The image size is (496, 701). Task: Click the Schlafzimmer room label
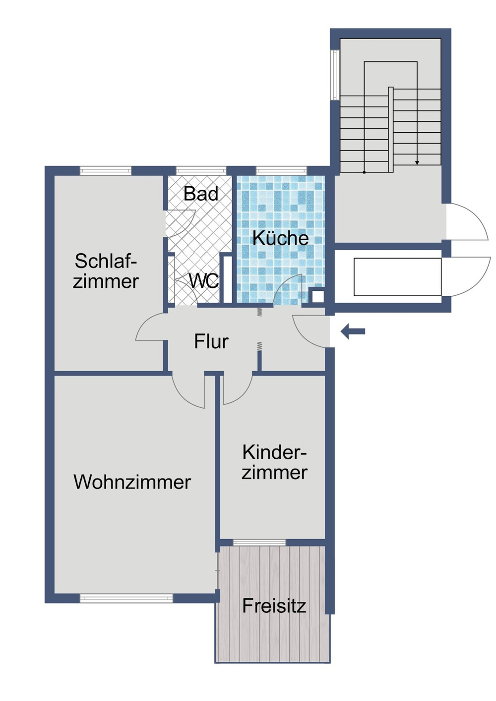[106, 271]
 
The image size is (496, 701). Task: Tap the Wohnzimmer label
[132, 482]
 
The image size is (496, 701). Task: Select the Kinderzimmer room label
[274, 462]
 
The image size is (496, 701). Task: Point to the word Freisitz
[274, 605]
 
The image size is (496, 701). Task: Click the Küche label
[280, 238]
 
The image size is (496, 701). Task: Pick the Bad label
[200, 194]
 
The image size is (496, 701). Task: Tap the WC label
[203, 281]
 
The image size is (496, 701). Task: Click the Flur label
[211, 341]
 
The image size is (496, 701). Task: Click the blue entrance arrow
[353, 331]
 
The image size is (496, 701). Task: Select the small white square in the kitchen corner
[317, 296]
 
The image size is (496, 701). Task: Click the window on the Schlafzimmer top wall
[106, 171]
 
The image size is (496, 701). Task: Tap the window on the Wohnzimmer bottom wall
[126, 598]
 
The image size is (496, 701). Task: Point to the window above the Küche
[281, 171]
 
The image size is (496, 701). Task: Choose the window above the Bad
[201, 171]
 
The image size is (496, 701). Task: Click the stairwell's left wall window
[335, 74]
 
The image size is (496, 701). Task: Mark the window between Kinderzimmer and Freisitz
[259, 542]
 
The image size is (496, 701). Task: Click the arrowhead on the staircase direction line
[417, 162]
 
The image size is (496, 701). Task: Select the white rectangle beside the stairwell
[397, 277]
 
